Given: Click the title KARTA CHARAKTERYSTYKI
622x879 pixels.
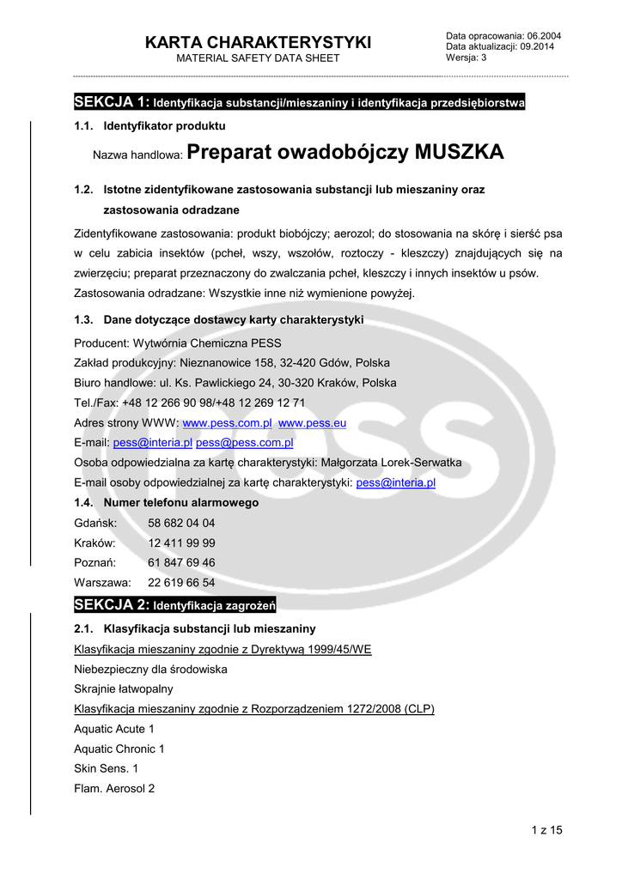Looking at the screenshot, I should pos(258,42).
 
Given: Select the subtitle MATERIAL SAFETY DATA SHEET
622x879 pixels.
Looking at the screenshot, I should pos(258,58).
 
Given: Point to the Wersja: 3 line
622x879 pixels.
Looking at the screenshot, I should pos(466,58).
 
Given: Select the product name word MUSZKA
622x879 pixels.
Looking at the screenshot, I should pos(460,153).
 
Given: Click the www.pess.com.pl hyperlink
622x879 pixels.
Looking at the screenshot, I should pos(228,423).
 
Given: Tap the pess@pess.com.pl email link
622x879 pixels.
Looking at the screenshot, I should pos(245,443).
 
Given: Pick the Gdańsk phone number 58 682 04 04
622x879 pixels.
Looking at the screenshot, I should pos(181,523).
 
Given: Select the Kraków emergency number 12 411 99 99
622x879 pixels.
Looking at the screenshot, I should pos(181,543).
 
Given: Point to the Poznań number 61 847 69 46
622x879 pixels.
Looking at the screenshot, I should pos(181,562).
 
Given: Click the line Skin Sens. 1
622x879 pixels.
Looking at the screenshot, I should pos(106,768).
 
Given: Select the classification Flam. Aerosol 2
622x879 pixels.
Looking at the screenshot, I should pos(114,788).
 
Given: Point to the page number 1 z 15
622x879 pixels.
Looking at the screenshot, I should pos(546,829).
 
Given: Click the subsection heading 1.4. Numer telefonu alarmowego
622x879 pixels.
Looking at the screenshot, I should pos(167,502).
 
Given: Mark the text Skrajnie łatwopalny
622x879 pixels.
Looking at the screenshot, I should pos(123,688).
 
